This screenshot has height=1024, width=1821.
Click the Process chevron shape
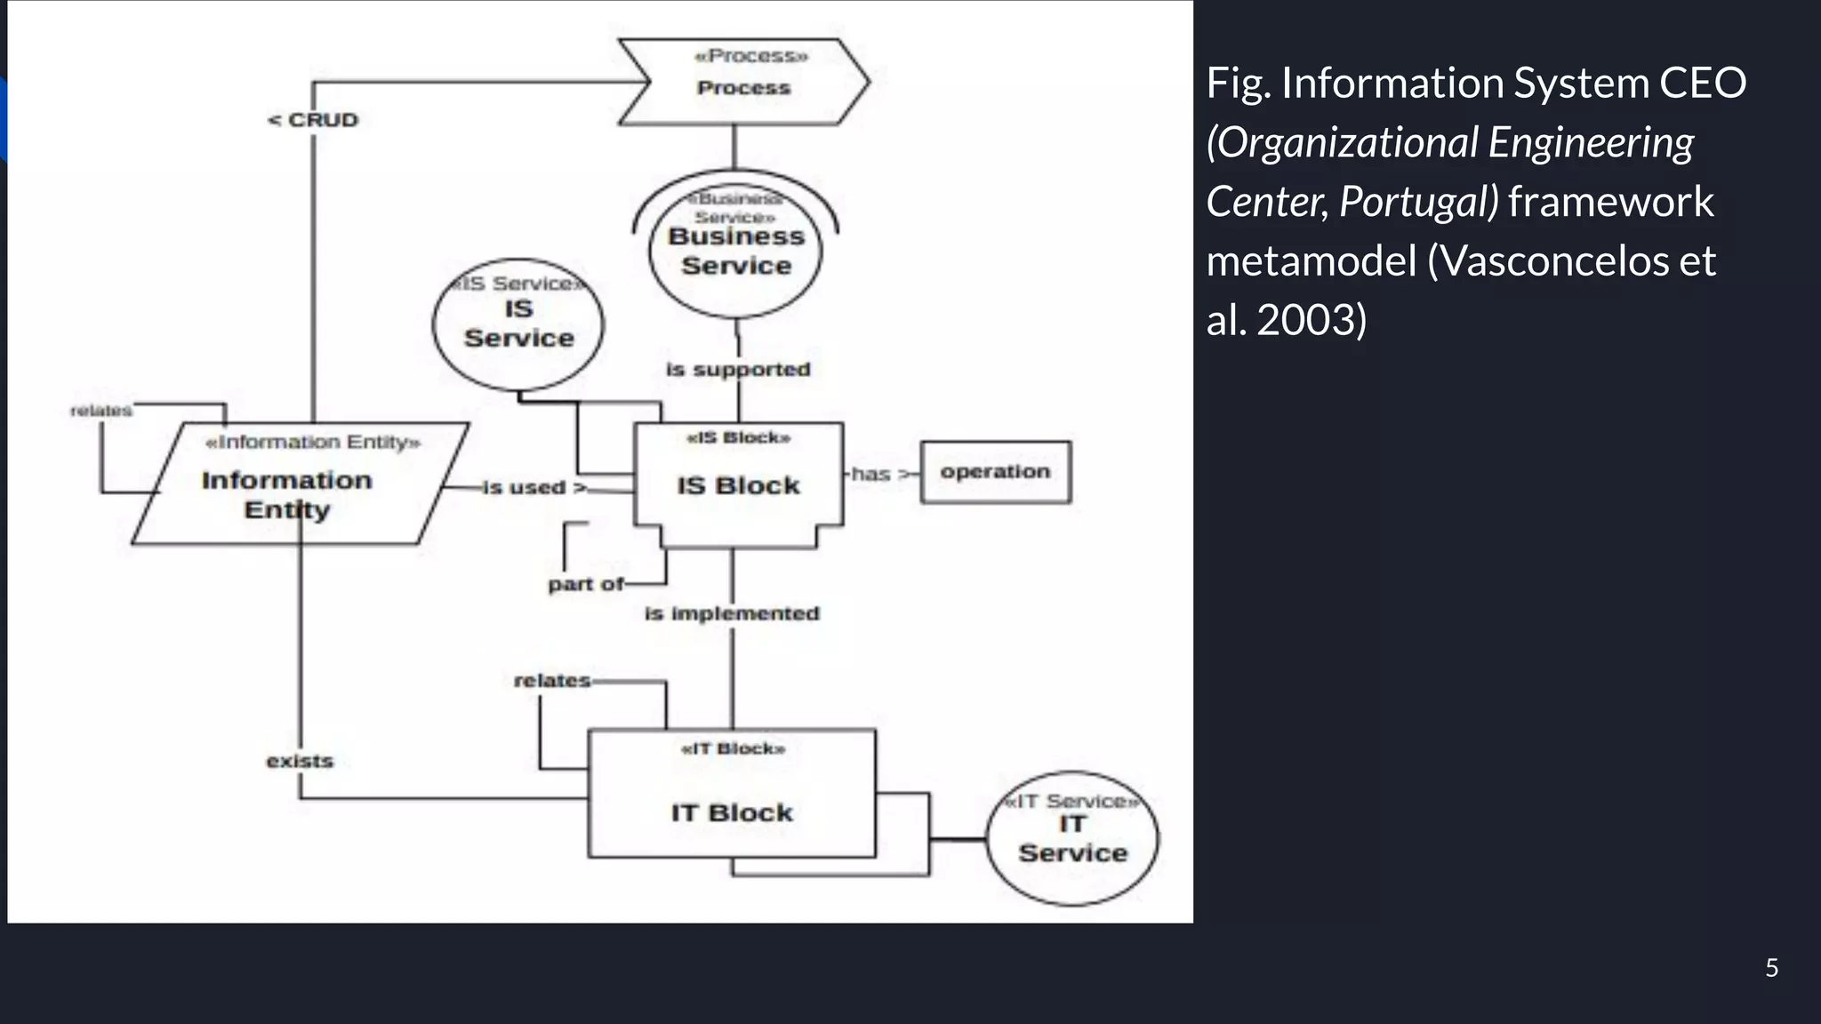click(743, 82)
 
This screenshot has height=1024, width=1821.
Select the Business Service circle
click(735, 252)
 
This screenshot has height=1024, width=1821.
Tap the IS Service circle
click(518, 324)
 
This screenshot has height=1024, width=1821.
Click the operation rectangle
click(995, 472)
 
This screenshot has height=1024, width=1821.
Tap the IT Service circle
click(1072, 838)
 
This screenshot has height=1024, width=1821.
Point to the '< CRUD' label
click(313, 120)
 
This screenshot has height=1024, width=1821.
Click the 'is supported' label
click(738, 369)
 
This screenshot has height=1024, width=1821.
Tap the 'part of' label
click(585, 584)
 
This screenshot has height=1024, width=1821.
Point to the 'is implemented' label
click(732, 613)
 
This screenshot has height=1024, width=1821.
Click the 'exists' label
click(300, 761)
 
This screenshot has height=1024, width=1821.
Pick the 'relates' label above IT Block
click(551, 681)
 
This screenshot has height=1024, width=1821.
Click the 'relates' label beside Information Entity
click(100, 411)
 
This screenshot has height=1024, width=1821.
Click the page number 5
click(1771, 968)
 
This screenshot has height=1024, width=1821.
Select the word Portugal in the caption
click(1416, 202)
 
